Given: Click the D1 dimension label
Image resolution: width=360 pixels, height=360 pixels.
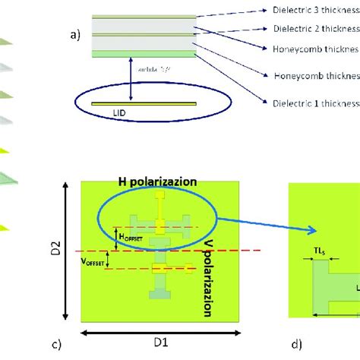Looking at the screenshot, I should tap(160, 344).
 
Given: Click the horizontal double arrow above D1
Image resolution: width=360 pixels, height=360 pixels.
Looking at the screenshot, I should tap(160, 333).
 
